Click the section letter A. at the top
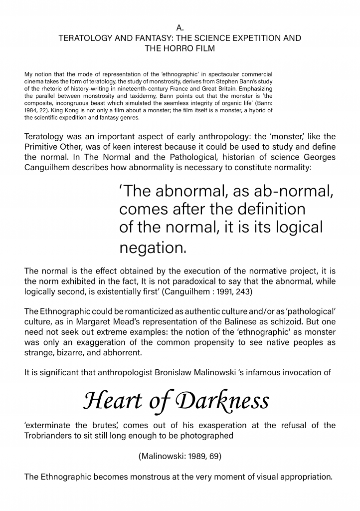180,28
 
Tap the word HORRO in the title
180,48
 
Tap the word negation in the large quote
152,247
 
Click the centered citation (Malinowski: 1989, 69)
180,456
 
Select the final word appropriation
301,477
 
